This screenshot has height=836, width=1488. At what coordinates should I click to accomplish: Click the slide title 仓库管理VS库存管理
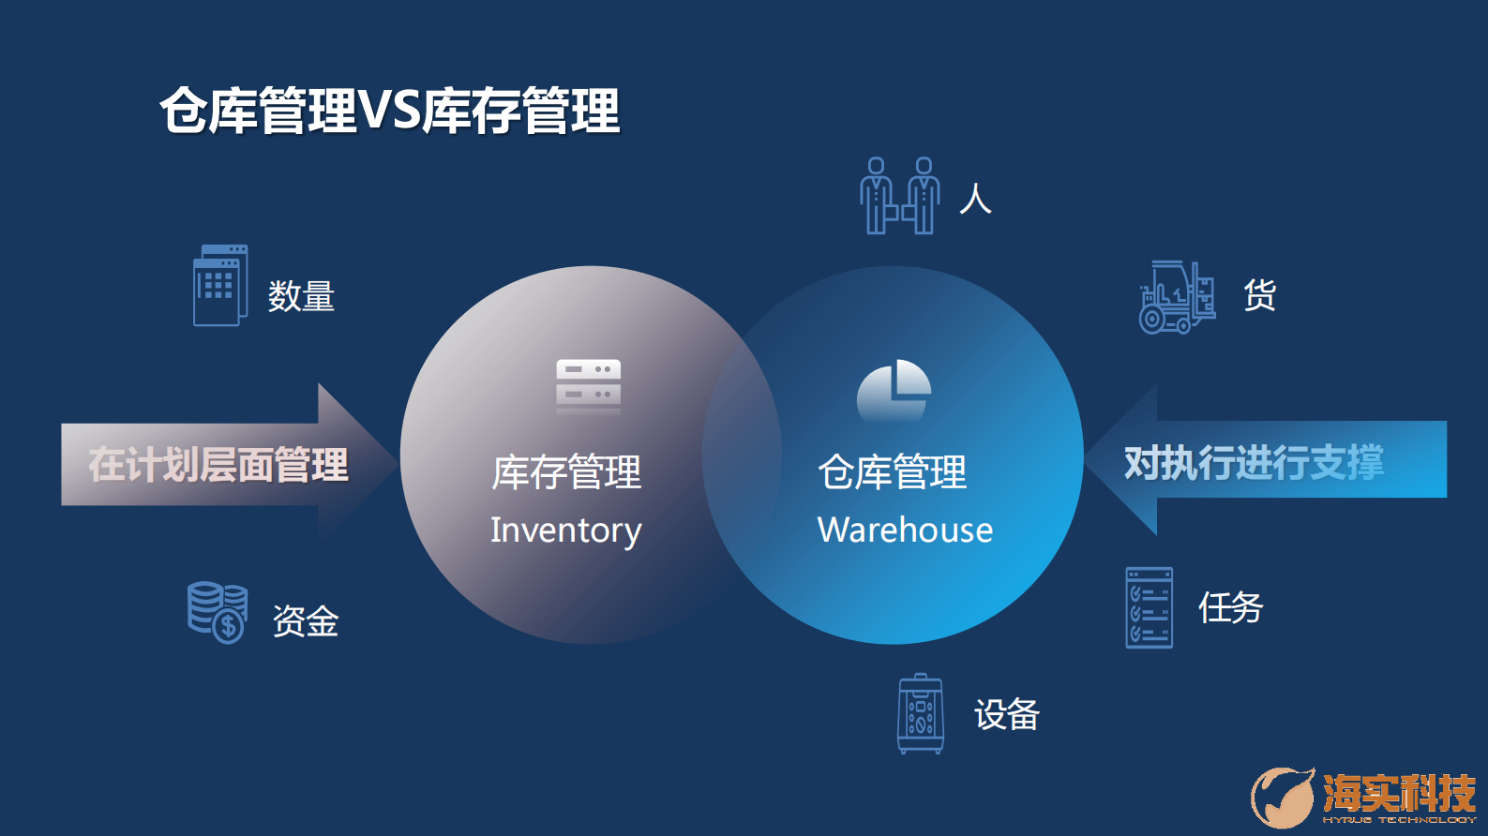point(390,111)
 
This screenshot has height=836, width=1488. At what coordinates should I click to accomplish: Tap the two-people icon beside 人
point(899,195)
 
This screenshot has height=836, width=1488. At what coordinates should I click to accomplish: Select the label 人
point(975,199)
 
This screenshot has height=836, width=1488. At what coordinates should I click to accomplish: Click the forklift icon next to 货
point(1176,297)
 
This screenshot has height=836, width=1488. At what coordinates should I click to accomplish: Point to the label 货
point(1259,295)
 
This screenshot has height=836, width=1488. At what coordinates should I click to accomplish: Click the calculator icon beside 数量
point(220,286)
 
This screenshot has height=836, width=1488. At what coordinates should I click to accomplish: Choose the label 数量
point(301,296)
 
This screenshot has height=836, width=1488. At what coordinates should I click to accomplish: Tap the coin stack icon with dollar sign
point(218,612)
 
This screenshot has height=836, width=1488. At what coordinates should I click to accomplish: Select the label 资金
point(306,620)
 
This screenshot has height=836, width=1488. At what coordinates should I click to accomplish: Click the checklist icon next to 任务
point(1149,607)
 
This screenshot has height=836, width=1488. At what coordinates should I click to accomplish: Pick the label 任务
point(1230,607)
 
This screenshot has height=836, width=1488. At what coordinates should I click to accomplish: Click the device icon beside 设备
point(921,713)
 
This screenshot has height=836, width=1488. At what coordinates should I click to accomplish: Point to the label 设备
point(1007,715)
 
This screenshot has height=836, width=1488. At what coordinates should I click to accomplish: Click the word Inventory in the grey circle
point(565,530)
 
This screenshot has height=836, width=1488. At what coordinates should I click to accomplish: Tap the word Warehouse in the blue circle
point(905,530)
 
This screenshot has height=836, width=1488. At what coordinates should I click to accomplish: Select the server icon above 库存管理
point(588,384)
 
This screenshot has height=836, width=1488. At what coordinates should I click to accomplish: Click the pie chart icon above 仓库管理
point(894,390)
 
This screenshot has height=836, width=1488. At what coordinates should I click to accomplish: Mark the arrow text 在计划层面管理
point(218,465)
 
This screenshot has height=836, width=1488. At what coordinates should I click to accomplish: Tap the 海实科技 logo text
point(1398,793)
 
